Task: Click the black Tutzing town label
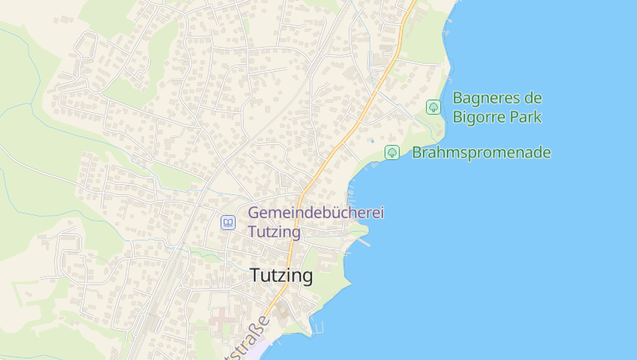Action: (x=281, y=276)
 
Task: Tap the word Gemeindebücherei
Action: (x=316, y=213)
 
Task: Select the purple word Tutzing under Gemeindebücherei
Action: (x=274, y=232)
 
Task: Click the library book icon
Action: (x=229, y=223)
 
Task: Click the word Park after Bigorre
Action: (x=526, y=117)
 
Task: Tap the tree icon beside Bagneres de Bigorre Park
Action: (x=433, y=107)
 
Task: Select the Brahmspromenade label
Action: (x=481, y=152)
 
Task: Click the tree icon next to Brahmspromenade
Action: (x=392, y=152)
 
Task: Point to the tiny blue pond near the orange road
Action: (x=371, y=141)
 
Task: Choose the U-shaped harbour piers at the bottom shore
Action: (x=318, y=327)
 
